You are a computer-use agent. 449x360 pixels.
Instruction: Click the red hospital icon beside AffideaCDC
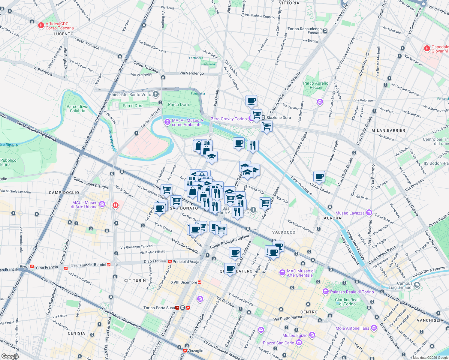41,26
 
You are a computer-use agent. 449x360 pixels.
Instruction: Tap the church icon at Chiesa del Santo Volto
155,94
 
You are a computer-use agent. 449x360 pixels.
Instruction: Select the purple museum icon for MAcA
167,122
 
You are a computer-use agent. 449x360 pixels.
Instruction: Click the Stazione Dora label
279,118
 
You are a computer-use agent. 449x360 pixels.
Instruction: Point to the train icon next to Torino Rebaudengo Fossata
325,31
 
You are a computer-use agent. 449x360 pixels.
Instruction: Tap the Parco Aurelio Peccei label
315,85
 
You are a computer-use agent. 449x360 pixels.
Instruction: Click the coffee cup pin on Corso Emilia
319,177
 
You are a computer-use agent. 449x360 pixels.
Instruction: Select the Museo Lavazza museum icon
369,213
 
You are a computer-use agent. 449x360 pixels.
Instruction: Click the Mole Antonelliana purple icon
374,328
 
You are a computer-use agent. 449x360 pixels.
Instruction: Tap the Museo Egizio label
295,335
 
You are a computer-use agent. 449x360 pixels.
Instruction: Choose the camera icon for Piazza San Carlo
299,343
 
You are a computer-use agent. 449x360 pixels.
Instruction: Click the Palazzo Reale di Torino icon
326,292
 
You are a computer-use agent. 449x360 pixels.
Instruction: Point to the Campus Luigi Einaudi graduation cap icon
417,285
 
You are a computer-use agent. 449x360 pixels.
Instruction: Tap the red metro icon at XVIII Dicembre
200,282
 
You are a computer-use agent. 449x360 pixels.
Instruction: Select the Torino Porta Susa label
159,308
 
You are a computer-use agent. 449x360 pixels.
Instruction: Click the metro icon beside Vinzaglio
185,351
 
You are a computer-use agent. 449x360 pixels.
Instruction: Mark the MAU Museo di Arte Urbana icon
102,205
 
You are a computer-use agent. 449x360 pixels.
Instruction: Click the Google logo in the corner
10,356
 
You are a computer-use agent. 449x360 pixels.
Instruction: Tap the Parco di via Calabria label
77,109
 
